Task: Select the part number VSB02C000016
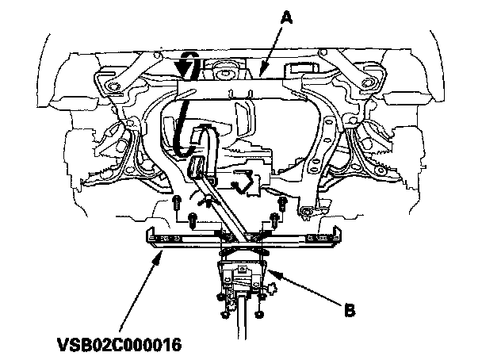(118, 346)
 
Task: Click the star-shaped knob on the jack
(273, 281)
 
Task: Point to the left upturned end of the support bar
(150, 234)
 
